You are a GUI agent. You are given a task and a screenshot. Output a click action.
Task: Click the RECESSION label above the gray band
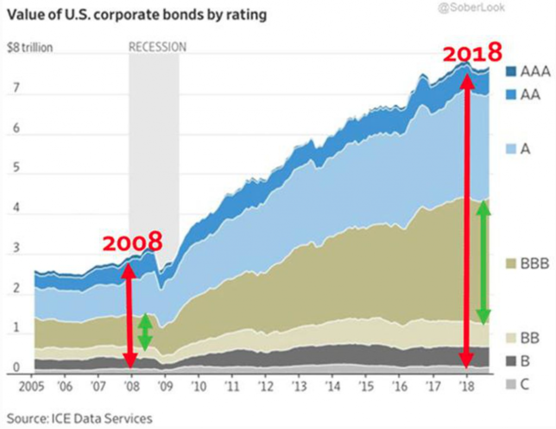pos(157,47)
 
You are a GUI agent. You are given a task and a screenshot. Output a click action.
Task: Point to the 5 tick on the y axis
pos(16,168)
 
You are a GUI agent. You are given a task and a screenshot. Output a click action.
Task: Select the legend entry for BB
pos(530,339)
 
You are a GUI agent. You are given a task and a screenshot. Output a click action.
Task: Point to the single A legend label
pos(525,150)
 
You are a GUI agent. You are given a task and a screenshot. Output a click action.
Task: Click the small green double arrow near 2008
pos(144,332)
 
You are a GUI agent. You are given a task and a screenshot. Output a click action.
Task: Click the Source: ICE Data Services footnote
pos(80,419)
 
